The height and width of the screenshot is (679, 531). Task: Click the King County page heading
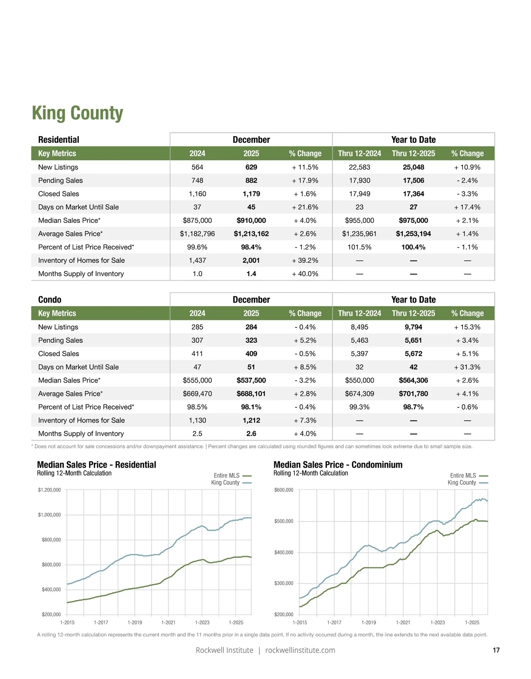pyautogui.click(x=77, y=113)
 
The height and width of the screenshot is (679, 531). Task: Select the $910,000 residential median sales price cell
pyautogui.click(x=251, y=220)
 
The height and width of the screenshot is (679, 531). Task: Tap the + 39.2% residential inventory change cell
pyautogui.click(x=305, y=261)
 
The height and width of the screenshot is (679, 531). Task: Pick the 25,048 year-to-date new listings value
pyautogui.click(x=413, y=167)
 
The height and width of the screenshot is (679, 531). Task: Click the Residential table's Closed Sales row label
pyautogui.click(x=58, y=194)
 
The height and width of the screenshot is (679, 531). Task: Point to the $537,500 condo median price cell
pyautogui.click(x=251, y=380)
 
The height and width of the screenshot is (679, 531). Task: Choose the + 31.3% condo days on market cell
pyautogui.click(x=467, y=367)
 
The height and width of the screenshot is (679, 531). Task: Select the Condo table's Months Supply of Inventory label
pyautogui.click(x=81, y=433)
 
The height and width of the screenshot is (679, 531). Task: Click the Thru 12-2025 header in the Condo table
pyautogui.click(x=413, y=313)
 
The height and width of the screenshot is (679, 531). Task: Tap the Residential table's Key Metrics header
pyautogui.click(x=57, y=153)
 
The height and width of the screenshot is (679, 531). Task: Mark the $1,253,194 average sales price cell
pyautogui.click(x=413, y=234)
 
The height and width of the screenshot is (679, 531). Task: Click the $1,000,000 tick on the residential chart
pyautogui.click(x=50, y=515)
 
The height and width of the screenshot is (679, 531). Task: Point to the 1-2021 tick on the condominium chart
pyautogui.click(x=403, y=622)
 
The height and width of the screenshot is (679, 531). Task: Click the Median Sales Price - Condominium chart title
pyautogui.click(x=338, y=464)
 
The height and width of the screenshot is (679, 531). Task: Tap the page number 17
pyautogui.click(x=496, y=650)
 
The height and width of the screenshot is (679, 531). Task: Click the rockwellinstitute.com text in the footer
pyautogui.click(x=300, y=650)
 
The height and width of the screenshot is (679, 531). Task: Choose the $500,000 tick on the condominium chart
pyautogui.click(x=284, y=521)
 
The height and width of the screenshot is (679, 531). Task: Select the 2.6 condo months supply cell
pyautogui.click(x=251, y=433)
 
